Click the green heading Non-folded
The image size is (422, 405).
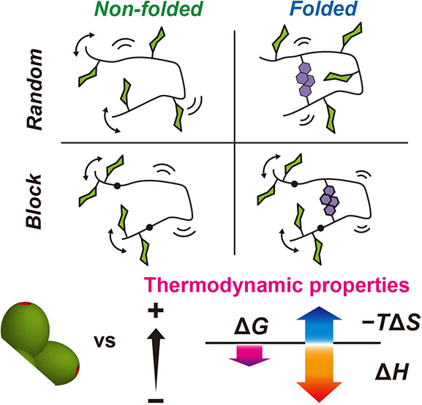pyautogui.click(x=148, y=10)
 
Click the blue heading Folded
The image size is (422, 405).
pyautogui.click(x=323, y=9)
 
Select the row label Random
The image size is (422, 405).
pyautogui.click(x=34, y=89)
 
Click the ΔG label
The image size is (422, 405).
pyautogui.click(x=251, y=328)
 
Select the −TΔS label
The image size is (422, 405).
pyautogui.click(x=391, y=322)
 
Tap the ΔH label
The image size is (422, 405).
pyautogui.click(x=392, y=372)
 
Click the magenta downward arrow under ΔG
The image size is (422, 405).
pyautogui.click(x=249, y=355)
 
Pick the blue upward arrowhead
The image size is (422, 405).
pyautogui.click(x=319, y=313)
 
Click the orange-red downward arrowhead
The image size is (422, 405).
pyautogui.click(x=319, y=392)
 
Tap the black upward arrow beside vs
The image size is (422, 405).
pyautogui.click(x=156, y=360)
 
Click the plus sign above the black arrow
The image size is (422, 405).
pyautogui.click(x=156, y=311)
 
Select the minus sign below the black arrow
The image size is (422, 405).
pyautogui.click(x=156, y=400)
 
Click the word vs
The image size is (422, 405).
pyautogui.click(x=105, y=341)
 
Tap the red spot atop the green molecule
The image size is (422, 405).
pyautogui.click(x=25, y=303)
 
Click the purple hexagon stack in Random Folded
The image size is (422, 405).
pyautogui.click(x=306, y=80)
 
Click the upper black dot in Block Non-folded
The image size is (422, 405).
pyautogui.click(x=117, y=186)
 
